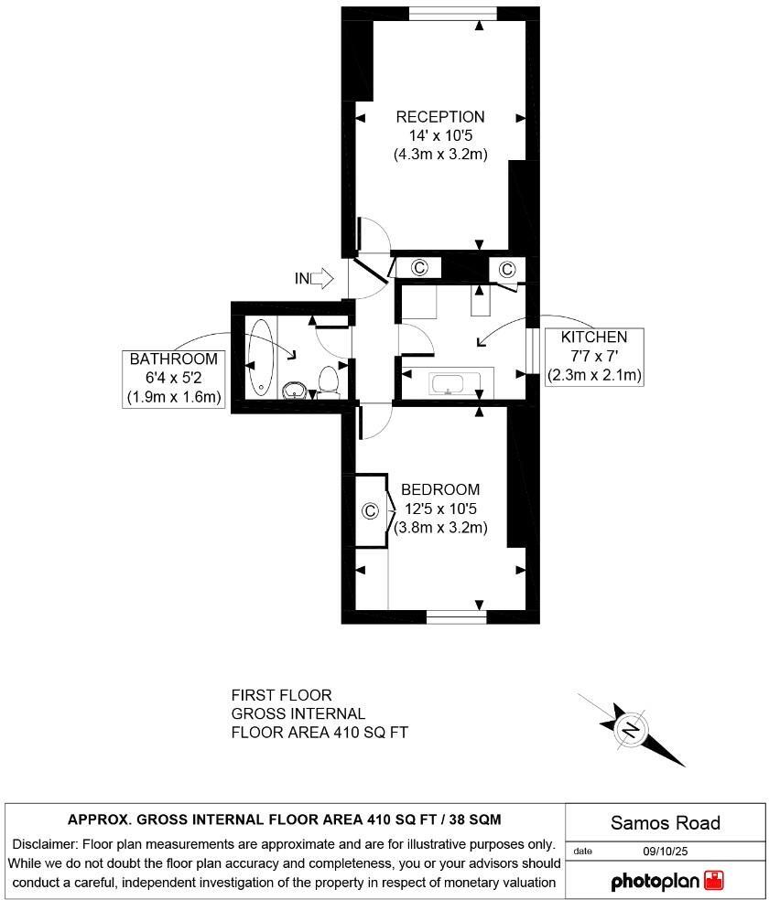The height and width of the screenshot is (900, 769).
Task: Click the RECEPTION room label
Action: pyautogui.click(x=439, y=117)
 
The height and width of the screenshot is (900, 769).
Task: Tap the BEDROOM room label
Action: pyautogui.click(x=439, y=489)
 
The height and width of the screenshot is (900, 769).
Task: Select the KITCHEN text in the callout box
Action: pyautogui.click(x=594, y=337)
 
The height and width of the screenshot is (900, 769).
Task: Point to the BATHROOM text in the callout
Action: pyautogui.click(x=174, y=359)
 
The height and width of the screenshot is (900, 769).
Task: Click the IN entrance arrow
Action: pyautogui.click(x=317, y=278)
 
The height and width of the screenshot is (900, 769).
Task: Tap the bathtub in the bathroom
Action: pyautogui.click(x=261, y=357)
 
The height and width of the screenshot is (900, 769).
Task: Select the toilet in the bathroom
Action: pyautogui.click(x=329, y=380)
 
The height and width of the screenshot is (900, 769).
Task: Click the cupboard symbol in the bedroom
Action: pyautogui.click(x=370, y=510)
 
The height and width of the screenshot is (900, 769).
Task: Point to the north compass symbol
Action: pyautogui.click(x=631, y=729)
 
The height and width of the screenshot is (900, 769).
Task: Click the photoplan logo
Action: pyautogui.click(x=667, y=881)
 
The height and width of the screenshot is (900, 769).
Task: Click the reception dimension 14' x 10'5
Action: pyautogui.click(x=439, y=135)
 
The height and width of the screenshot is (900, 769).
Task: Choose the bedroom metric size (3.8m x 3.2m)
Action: pyautogui.click(x=439, y=528)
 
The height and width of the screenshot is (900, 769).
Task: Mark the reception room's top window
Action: pyautogui.click(x=452, y=12)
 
